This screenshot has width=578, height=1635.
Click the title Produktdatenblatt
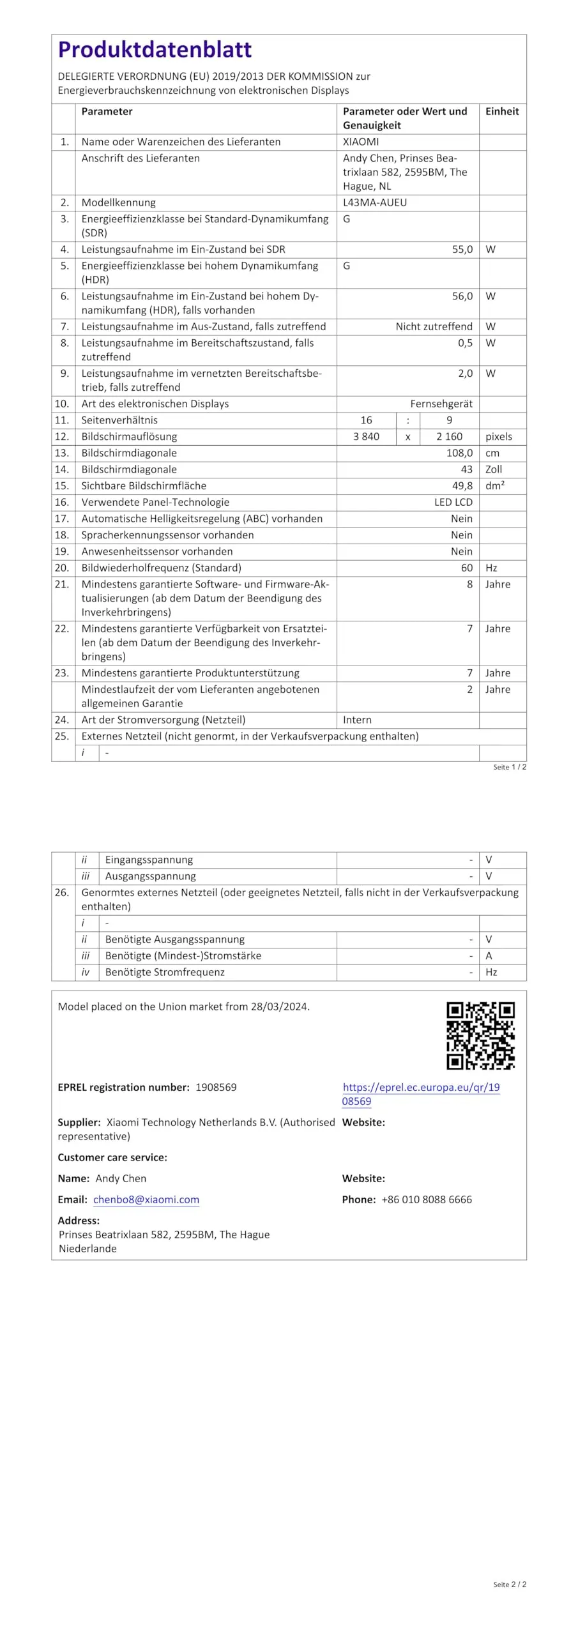coord(155,50)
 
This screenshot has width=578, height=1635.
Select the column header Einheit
coord(501,111)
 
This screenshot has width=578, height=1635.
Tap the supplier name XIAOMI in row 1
coord(361,142)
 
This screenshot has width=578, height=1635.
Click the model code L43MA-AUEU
coord(374,202)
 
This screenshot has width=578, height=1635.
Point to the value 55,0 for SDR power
coord(462,249)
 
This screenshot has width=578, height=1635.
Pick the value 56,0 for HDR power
coord(462,296)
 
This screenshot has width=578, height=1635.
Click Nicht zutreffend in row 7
coord(434,326)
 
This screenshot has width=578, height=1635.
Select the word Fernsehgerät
coord(441,404)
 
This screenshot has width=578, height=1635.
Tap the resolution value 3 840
coord(366,437)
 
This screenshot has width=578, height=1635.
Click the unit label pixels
coord(498,437)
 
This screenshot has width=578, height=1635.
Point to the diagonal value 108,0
coord(459,453)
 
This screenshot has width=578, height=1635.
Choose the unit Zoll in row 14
coord(493,469)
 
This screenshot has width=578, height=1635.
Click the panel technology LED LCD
coord(453,502)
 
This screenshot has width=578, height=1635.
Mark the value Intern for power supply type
coord(357,720)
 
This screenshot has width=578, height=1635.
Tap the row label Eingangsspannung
coord(149,860)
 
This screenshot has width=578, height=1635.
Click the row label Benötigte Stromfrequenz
coord(165,972)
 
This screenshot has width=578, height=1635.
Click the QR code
coord(480,1035)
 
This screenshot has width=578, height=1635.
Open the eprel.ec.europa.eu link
coord(421,1087)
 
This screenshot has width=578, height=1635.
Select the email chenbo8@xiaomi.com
coord(146,1199)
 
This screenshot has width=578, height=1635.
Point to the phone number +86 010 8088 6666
coord(427,1199)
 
